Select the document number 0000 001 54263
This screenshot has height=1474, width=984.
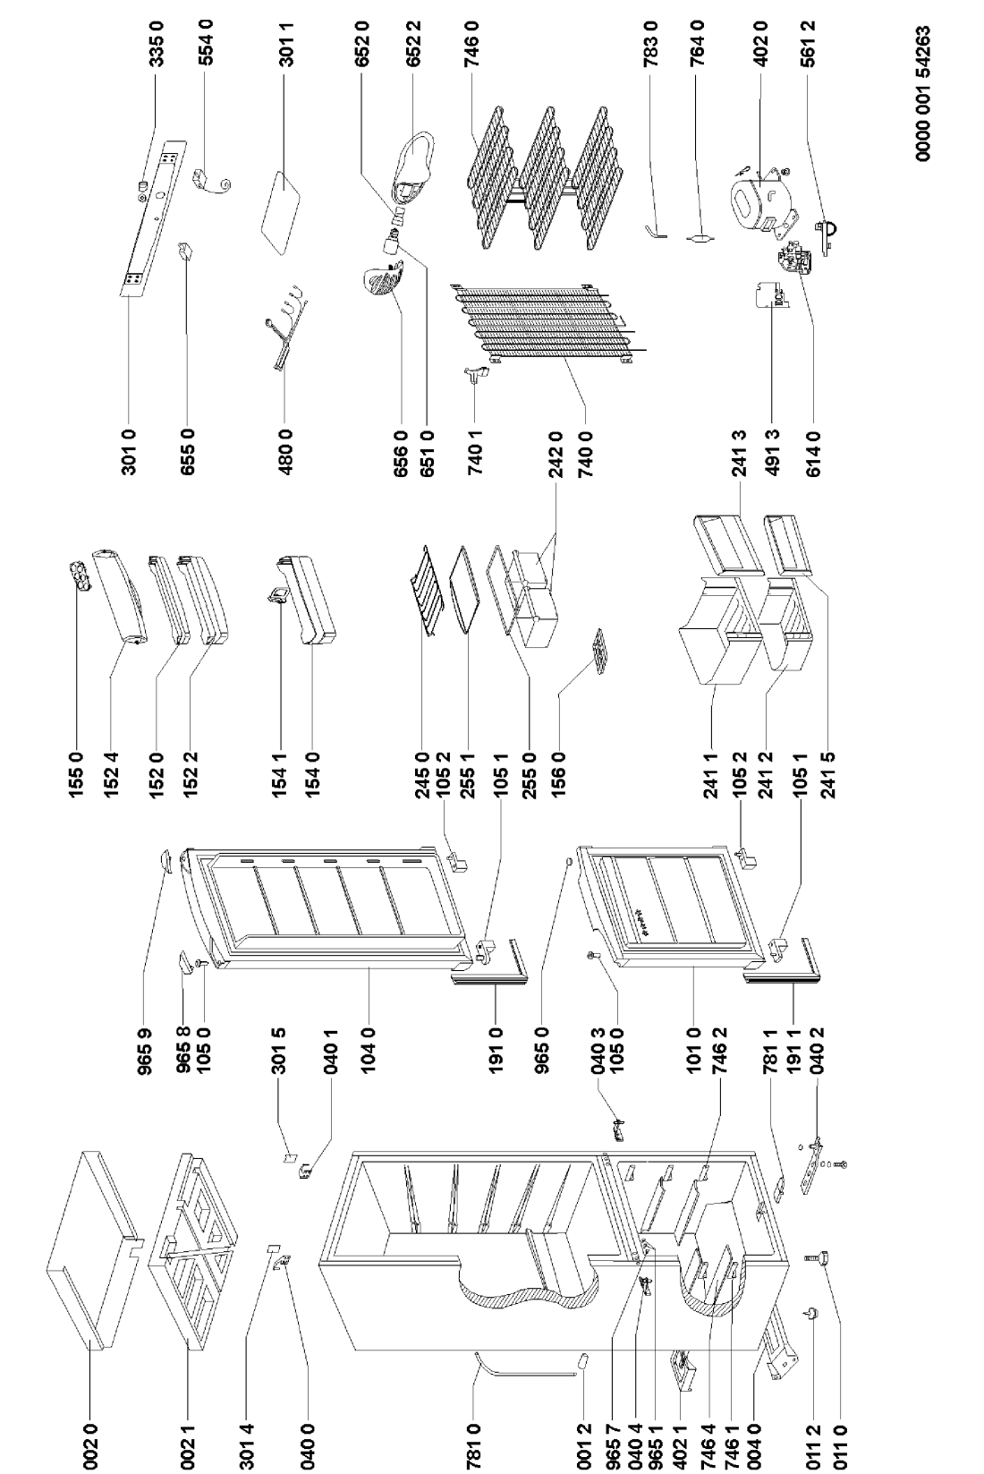coord(924,93)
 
